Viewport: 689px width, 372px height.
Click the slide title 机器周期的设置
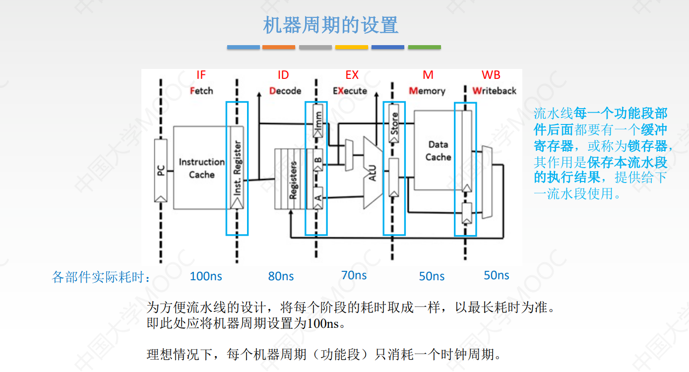coord(330,25)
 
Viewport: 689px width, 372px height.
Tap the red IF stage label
coord(201,75)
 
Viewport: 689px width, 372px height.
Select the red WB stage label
coord(491,75)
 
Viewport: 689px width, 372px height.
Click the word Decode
coord(285,91)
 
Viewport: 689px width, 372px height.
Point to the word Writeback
coord(494,91)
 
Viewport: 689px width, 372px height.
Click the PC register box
coord(161,170)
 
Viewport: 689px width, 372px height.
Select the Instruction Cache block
coord(201,168)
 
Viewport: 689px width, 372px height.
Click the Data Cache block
coord(438,151)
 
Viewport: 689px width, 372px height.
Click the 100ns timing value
coord(206,276)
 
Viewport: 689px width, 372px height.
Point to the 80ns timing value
coord(281,276)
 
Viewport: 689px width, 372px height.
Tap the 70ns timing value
coord(354,275)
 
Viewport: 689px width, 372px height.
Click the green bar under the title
coord(424,48)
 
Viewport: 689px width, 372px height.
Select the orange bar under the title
coord(279,48)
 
